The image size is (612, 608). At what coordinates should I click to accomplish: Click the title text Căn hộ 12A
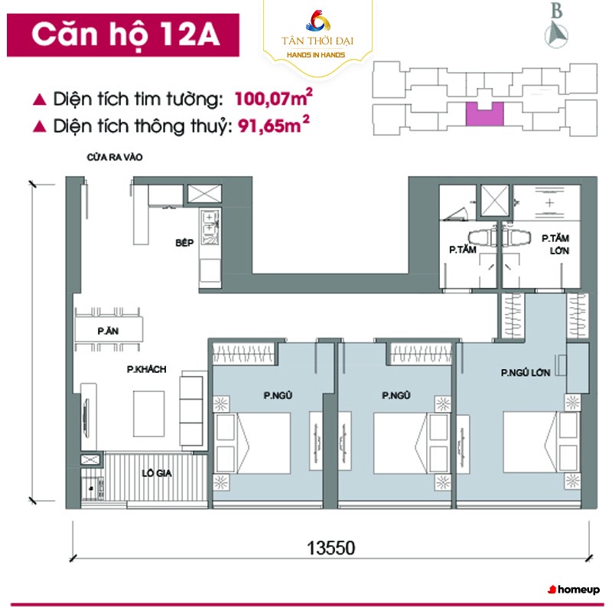click(x=125, y=34)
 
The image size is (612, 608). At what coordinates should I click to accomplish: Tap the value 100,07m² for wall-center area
click(x=274, y=98)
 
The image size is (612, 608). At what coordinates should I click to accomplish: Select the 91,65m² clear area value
click(x=274, y=125)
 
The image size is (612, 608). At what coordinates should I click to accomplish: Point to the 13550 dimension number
click(x=331, y=548)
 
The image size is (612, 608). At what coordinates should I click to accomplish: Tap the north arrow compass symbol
click(x=556, y=35)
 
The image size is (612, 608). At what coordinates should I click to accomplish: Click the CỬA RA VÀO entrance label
click(x=115, y=157)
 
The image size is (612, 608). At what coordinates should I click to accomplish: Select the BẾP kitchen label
click(x=184, y=243)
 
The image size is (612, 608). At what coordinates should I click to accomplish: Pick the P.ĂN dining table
click(x=109, y=330)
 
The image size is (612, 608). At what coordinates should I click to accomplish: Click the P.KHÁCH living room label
click(x=146, y=369)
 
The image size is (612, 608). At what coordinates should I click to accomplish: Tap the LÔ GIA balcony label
click(x=157, y=473)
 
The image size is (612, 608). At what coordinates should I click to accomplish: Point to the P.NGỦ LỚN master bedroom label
click(x=526, y=372)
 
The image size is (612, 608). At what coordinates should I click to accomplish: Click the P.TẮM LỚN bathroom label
click(x=556, y=244)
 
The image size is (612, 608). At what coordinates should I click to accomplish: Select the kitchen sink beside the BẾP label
click(x=210, y=227)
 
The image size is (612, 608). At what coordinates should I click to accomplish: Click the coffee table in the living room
click(x=148, y=414)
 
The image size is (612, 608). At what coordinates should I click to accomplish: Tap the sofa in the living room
click(x=191, y=410)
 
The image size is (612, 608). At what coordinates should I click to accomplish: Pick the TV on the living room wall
click(x=86, y=416)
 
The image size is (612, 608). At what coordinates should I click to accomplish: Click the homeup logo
click(x=574, y=590)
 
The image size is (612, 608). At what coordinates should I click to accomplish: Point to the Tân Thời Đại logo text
click(x=317, y=41)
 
